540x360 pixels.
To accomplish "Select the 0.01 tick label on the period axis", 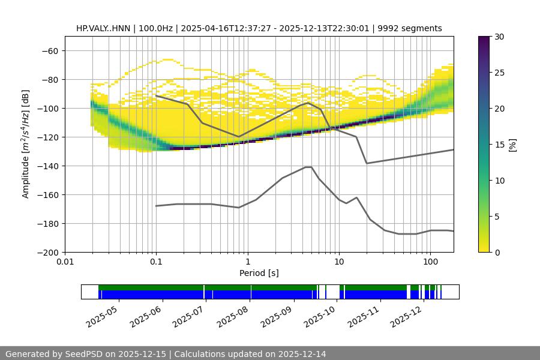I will click(x=65, y=262).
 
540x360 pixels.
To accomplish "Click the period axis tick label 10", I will click(x=338, y=262).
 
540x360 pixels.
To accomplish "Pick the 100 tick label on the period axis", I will click(x=430, y=262).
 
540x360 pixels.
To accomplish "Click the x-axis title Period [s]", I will click(x=259, y=273).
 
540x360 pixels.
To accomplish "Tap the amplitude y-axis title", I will click(x=26, y=144).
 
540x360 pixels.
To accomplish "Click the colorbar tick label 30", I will click(x=499, y=37).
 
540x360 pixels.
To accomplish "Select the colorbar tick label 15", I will click(x=499, y=145).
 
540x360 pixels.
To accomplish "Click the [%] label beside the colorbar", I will click(x=512, y=145).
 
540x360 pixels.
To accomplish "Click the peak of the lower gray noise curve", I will click(x=308, y=167).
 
